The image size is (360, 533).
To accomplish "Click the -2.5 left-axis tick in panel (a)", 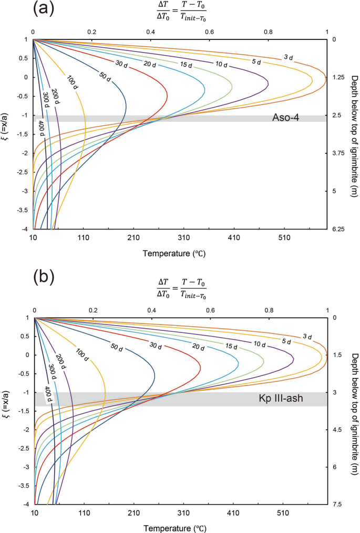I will pos(20,173).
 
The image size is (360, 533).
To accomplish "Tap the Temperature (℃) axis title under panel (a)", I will pos(173,253).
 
